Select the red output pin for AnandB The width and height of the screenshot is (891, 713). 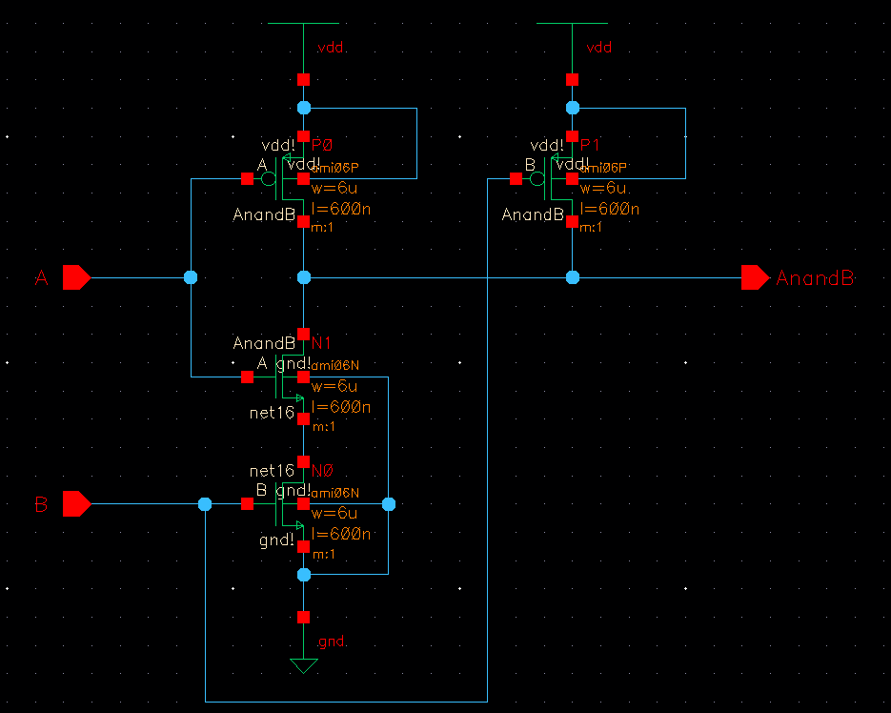click(755, 277)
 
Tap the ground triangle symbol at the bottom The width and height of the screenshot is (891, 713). click(303, 665)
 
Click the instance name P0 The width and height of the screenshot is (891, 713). click(323, 145)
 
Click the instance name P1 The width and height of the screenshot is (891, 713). click(591, 145)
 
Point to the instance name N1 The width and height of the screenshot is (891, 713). click(321, 342)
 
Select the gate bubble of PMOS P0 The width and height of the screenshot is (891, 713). click(270, 178)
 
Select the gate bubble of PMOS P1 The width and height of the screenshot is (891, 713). click(538, 178)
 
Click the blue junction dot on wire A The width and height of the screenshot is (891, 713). click(190, 277)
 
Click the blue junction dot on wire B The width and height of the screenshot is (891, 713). click(205, 503)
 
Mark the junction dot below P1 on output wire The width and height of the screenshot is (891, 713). click(572, 277)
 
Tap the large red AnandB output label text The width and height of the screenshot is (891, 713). click(815, 278)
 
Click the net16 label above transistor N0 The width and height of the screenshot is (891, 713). click(272, 471)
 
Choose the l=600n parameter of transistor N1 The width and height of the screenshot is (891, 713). click(341, 407)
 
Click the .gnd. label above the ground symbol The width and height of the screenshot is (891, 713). click(333, 642)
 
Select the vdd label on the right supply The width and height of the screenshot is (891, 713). click(599, 48)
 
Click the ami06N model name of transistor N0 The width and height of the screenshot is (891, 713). click(335, 492)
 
